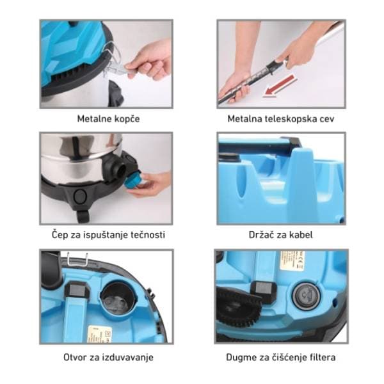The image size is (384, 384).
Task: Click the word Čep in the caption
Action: pos(58,235)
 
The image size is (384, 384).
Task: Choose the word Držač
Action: pos(261,235)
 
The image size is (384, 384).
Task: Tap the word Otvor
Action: pos(74,357)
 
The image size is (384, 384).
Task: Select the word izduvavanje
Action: pos(129,358)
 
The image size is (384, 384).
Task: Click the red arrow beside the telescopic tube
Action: pos(279,86)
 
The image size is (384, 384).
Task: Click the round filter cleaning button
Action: pos(306,295)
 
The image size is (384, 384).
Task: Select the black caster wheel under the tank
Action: pos(83,216)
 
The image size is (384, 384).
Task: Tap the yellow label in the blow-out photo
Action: pos(99,333)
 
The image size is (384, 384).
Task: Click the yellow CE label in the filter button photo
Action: pos(292,260)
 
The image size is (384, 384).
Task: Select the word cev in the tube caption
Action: pos(327,120)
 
